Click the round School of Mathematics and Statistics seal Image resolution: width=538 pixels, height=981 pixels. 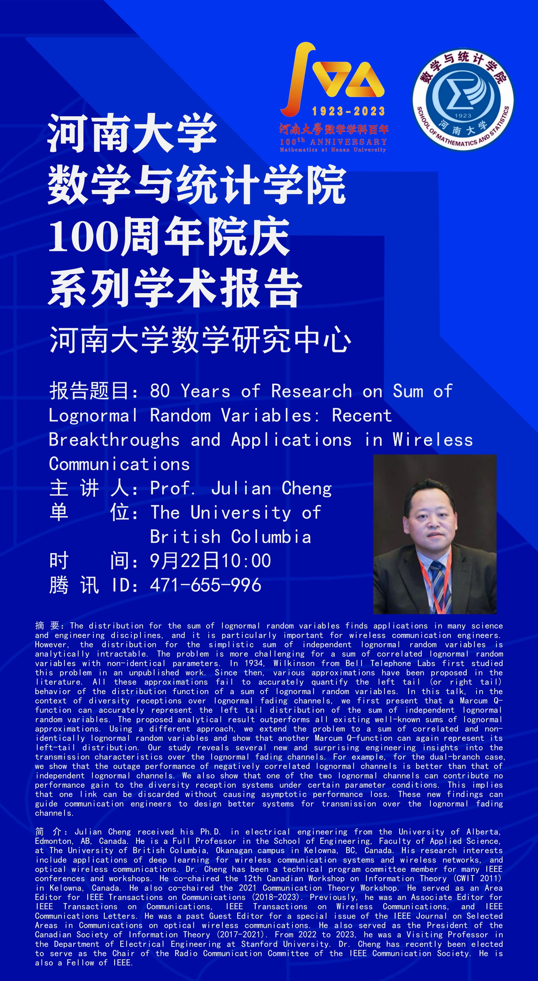(x=463, y=100)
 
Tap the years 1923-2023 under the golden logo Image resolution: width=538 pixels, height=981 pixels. (x=348, y=111)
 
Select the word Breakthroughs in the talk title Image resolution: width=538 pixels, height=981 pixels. (x=114, y=440)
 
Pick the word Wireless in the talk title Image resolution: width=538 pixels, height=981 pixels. (x=433, y=440)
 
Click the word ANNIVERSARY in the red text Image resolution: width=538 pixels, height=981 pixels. (x=348, y=142)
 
